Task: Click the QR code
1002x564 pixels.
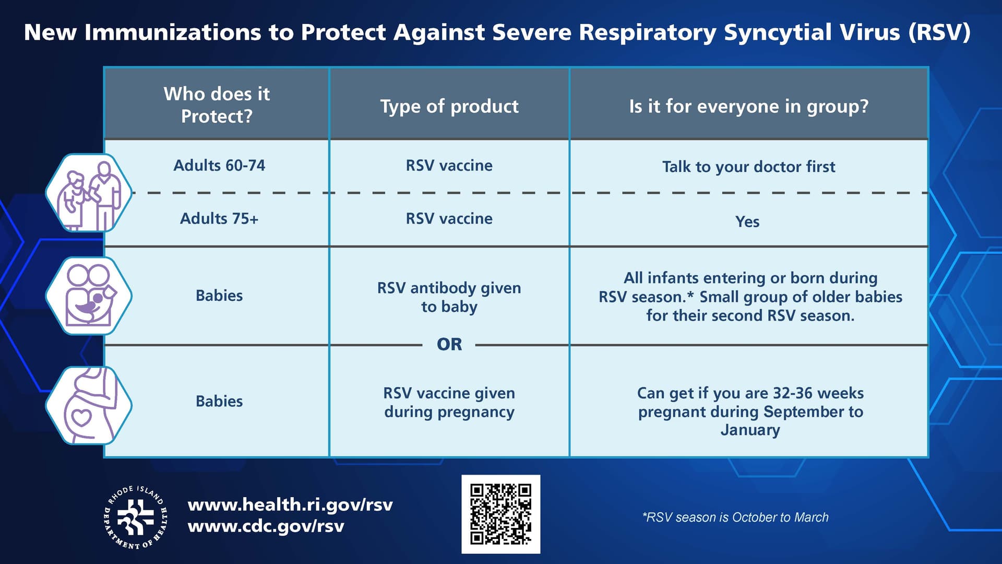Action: [500, 514]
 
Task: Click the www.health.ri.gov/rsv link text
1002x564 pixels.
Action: [290, 504]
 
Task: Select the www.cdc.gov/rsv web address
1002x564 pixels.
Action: [266, 526]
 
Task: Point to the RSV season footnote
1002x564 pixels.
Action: [735, 517]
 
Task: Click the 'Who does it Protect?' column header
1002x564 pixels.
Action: [217, 104]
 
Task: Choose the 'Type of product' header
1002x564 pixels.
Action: [449, 106]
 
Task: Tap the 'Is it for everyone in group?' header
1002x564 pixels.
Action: [748, 106]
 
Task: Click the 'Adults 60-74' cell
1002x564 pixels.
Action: [219, 166]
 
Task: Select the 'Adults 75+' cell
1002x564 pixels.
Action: [219, 218]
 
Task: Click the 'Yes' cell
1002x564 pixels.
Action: [747, 221]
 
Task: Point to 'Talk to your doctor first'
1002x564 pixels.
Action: [748, 167]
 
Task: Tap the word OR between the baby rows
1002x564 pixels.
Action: [449, 344]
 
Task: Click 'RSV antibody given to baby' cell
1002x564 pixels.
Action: [449, 297]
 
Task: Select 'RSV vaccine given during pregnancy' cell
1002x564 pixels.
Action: [449, 402]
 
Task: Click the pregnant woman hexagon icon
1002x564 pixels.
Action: [89, 405]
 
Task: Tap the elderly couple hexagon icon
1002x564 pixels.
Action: [89, 193]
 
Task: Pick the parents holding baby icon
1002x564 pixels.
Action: [89, 296]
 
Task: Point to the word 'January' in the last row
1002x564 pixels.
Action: [750, 430]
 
